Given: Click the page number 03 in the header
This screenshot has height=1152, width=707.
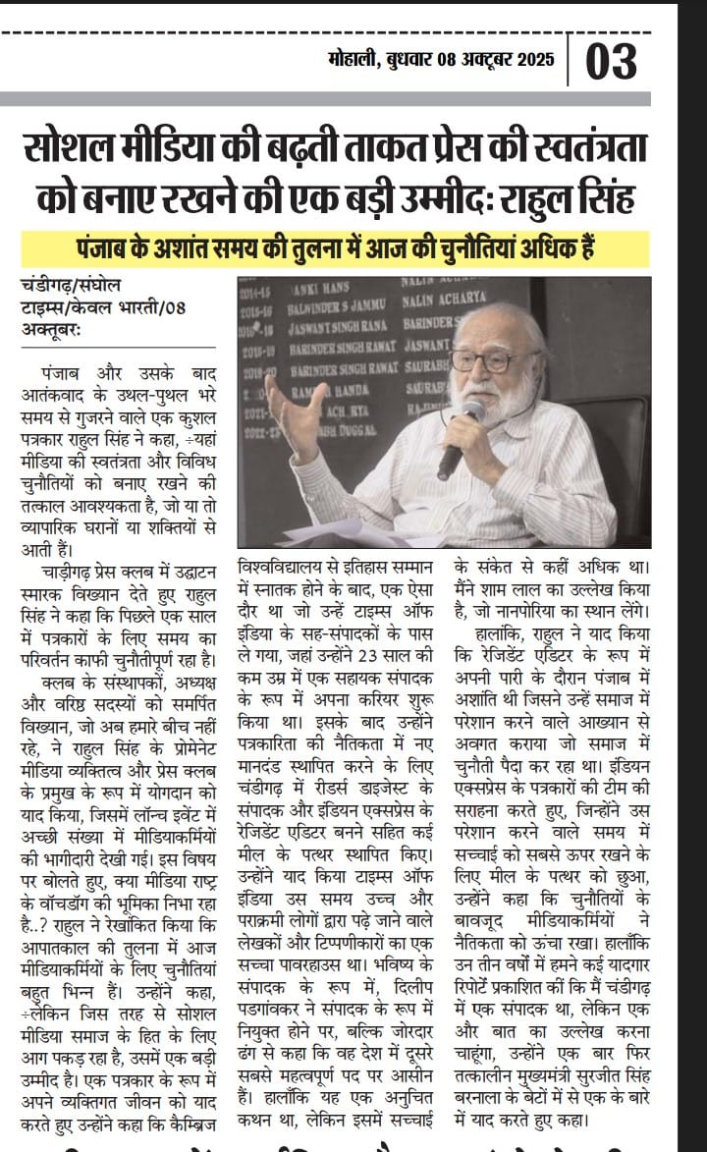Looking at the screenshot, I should click(612, 62).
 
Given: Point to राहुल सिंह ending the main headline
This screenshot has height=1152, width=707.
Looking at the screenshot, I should click(575, 199).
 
